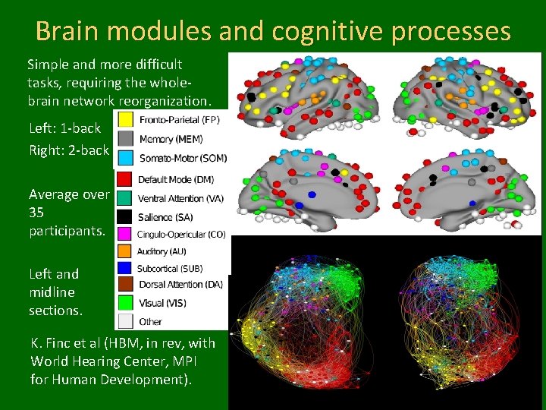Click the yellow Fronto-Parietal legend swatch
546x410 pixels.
tap(125, 120)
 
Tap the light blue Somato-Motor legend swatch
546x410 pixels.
tap(125, 157)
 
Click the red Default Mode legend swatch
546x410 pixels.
tap(125, 180)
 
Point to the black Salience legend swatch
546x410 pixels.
tap(125, 216)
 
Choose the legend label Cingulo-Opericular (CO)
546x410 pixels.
tap(181, 235)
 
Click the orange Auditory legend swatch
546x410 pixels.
tap(125, 251)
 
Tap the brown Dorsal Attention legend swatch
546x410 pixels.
tap(125, 285)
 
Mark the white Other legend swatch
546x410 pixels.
tap(125, 320)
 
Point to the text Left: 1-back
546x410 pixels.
tap(64, 128)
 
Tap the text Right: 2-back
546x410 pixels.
tap(69, 150)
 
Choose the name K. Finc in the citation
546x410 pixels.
tap(57, 342)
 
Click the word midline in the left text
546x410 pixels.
tap(52, 292)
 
